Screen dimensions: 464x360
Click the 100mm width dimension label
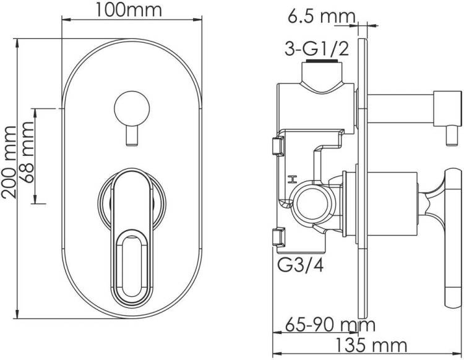tap(129, 10)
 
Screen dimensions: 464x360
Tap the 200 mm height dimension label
tap(9, 162)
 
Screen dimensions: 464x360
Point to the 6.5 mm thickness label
tap(321, 16)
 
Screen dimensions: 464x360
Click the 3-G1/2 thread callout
tap(317, 49)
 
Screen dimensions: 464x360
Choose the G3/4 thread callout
tap(300, 265)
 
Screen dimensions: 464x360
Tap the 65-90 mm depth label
tap(330, 325)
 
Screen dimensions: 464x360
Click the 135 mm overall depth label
tap(371, 345)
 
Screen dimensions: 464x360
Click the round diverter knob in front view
tap(132, 109)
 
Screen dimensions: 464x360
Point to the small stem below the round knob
tap(132, 136)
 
